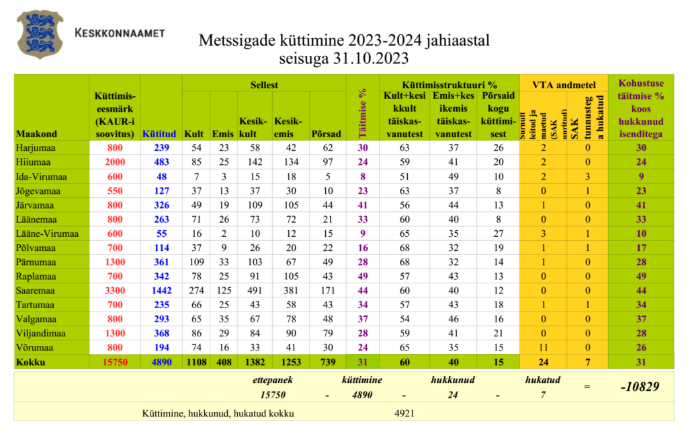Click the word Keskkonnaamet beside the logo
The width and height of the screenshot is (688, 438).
click(120, 32)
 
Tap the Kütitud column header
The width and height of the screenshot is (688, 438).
click(160, 133)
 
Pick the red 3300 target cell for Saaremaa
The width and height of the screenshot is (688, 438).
click(115, 290)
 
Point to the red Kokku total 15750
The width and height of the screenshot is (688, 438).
click(114, 362)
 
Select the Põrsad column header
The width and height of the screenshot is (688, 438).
click(327, 133)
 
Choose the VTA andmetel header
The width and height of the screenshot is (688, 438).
click(564, 85)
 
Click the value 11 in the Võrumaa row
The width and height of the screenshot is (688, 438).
click(542, 347)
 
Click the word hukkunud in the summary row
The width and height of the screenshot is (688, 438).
click(453, 379)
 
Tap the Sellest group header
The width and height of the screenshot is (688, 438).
click(264, 85)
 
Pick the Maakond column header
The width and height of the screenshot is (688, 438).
click(36, 133)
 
